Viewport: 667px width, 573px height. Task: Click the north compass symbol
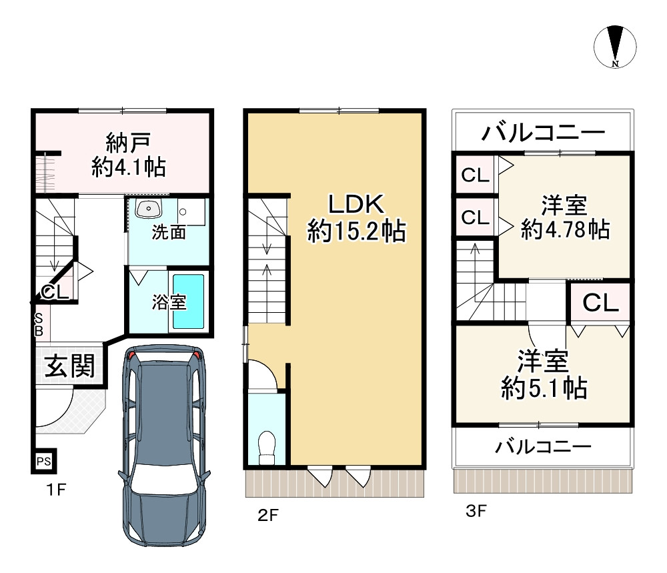[615, 47]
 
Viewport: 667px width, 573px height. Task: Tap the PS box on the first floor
[43, 461]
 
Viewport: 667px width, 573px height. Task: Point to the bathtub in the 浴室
[189, 301]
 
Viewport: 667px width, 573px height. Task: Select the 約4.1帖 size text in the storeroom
[129, 167]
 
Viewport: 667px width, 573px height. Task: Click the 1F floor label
[56, 491]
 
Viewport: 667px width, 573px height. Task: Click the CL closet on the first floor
[55, 292]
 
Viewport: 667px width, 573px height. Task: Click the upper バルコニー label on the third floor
[543, 133]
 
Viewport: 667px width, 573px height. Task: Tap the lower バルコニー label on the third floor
[543, 446]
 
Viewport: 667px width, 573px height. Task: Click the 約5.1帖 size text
[544, 388]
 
